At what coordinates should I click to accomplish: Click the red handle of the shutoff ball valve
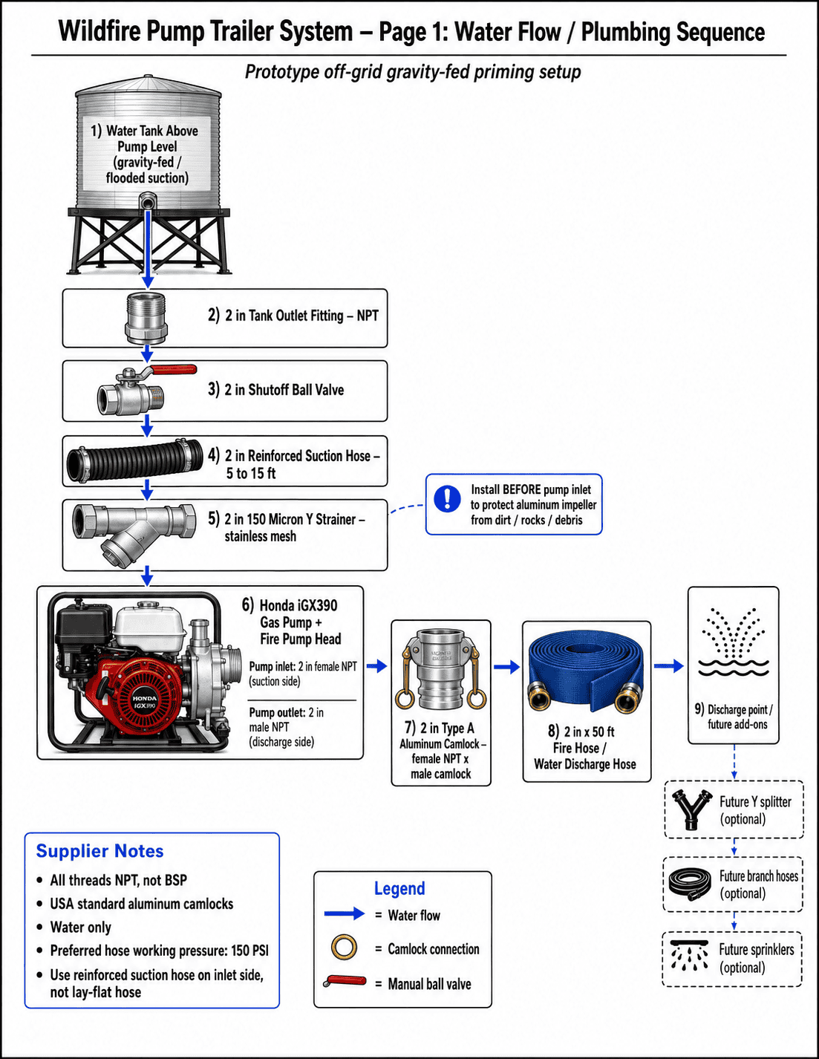point(173,370)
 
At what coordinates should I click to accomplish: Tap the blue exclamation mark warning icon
point(447,498)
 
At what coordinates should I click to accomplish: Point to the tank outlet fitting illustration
point(146,319)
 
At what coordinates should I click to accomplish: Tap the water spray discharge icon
point(734,641)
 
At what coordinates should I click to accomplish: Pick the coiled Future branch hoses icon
point(690,884)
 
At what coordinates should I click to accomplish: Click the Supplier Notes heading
point(100,851)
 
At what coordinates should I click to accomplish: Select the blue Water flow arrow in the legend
point(345,913)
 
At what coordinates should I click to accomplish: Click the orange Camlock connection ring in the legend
point(344,948)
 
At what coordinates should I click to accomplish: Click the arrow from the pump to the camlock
point(376,665)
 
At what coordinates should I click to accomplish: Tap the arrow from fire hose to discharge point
point(669,665)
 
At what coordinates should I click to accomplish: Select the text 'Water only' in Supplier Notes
point(81,928)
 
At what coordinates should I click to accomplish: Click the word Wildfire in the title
point(99,32)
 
